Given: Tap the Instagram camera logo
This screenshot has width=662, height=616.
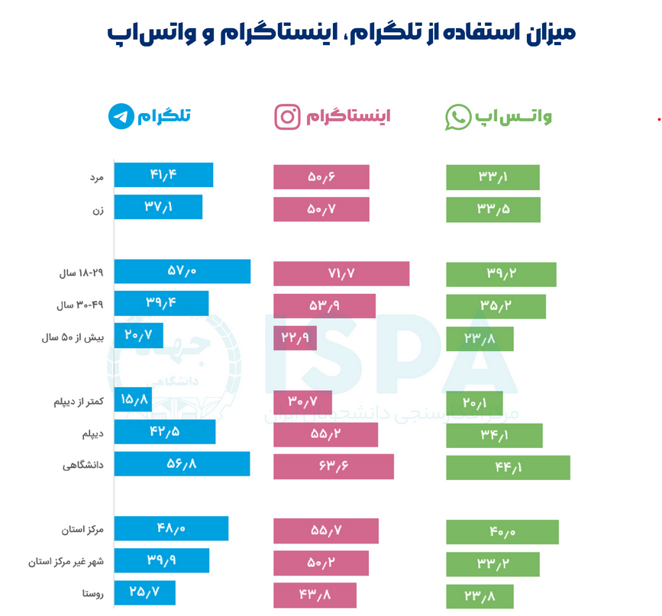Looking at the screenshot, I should point(287,117).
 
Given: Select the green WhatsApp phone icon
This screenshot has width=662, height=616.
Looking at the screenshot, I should point(458,117).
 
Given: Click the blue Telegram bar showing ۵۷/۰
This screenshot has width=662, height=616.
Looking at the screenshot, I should point(182,272).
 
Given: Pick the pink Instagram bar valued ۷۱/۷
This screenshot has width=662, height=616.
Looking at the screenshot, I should point(341,273).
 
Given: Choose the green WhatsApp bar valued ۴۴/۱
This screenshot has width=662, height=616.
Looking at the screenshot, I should point(508,467).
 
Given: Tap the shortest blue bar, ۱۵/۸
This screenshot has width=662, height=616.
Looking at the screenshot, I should point(133,399).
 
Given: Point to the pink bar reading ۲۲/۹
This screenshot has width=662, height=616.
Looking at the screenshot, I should point(295,337).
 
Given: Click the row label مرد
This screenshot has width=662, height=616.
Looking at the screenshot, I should point(95,176).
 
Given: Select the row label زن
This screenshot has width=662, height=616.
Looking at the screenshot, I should point(98,209).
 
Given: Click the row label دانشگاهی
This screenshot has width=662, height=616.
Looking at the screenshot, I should point(83,465).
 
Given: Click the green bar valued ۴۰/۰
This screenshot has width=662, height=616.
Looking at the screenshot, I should point(502,532).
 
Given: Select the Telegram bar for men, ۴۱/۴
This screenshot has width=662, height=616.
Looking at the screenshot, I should point(163,175).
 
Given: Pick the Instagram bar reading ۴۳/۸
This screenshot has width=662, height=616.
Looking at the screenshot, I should point(315,595).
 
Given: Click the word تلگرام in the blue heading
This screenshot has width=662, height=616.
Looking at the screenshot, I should point(164,116).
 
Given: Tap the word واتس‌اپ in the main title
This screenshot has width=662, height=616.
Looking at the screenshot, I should point(138,34).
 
